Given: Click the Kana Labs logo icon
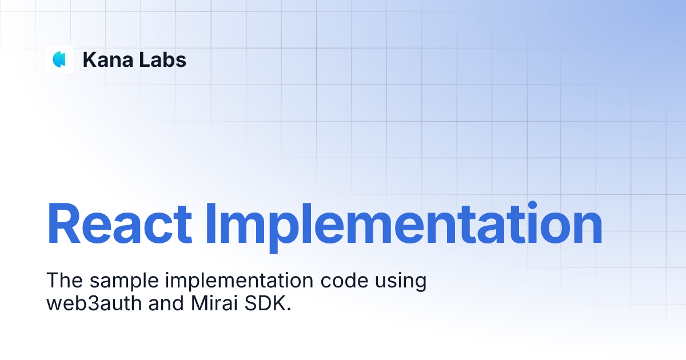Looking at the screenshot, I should click(59, 59).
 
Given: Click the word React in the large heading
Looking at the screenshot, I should click(119, 224).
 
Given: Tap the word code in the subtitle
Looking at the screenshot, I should click(341, 281).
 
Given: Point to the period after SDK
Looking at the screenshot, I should click(289, 309).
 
